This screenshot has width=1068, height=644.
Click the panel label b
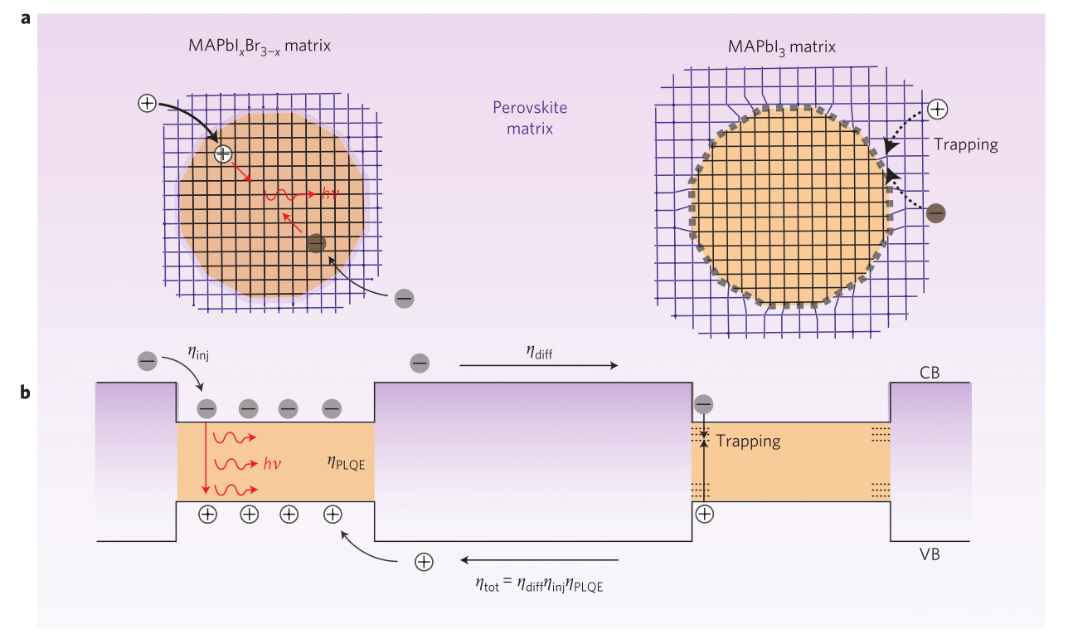pyautogui.click(x=27, y=392)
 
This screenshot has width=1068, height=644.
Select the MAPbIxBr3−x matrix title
pyautogui.click(x=259, y=46)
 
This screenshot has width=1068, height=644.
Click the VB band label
pyautogui.click(x=929, y=554)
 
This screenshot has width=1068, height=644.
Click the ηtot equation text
pyautogui.click(x=540, y=585)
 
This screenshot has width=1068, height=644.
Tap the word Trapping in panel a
pyautogui.click(x=965, y=144)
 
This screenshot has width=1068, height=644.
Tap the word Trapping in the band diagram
pyautogui.click(x=748, y=441)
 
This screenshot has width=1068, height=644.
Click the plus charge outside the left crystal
pyautogui.click(x=147, y=104)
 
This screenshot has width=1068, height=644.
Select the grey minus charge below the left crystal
pyautogui.click(x=404, y=296)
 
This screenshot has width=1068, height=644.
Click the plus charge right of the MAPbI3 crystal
pyautogui.click(x=938, y=109)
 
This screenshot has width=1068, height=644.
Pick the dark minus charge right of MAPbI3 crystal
pyautogui.click(x=935, y=213)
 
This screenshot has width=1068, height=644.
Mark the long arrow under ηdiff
pyautogui.click(x=538, y=365)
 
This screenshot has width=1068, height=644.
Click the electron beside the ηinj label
pyautogui.click(x=147, y=361)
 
